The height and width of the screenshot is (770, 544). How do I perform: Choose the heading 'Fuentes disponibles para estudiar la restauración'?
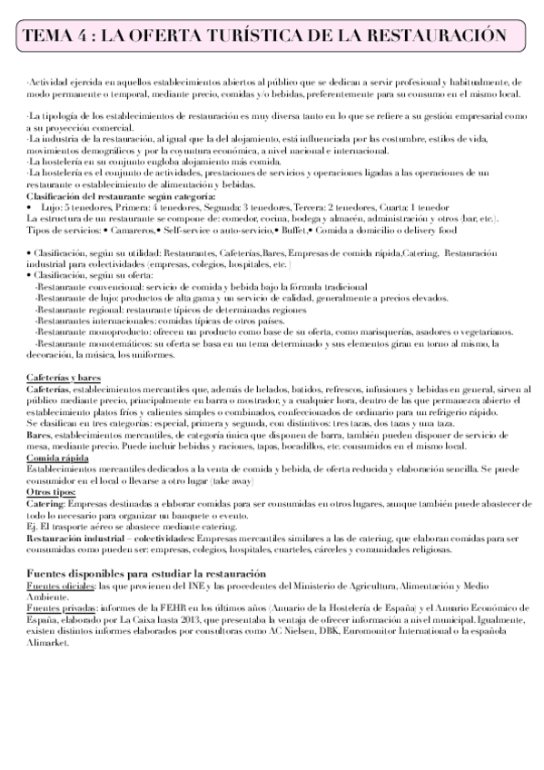point(146,574)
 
